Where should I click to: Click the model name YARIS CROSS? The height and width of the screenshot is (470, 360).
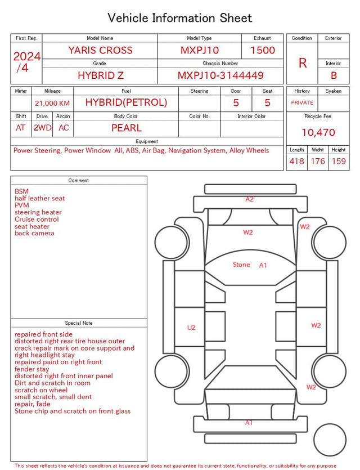(x=100, y=50)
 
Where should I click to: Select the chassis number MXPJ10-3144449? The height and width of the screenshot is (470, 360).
(x=220, y=75)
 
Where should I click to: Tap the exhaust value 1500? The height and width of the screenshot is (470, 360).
(x=263, y=50)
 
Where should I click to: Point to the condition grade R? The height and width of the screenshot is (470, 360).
(x=303, y=63)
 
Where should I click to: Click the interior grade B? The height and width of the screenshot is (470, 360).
(x=334, y=75)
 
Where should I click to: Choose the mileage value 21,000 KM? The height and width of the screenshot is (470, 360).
(x=52, y=104)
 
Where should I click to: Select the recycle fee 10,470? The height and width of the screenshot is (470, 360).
(x=318, y=132)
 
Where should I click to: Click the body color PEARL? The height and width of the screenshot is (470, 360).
(x=127, y=128)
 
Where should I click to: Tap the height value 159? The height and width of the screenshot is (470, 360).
(x=339, y=161)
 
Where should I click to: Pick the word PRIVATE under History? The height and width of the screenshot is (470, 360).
(x=302, y=102)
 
